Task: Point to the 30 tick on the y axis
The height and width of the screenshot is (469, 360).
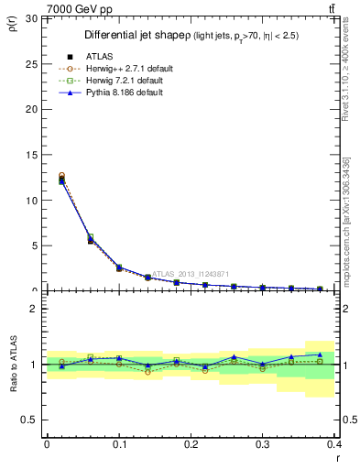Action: click(x=33, y=18)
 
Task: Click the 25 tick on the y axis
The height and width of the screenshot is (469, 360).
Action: click(x=33, y=63)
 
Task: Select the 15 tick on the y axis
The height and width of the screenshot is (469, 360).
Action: click(x=33, y=155)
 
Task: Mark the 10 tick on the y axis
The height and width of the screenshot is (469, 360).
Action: click(x=33, y=200)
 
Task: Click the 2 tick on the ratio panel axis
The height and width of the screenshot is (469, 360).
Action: click(x=36, y=309)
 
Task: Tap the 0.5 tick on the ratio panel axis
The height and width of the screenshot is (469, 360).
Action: click(x=31, y=420)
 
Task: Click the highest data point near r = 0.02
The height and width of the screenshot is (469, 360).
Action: click(x=61, y=175)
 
